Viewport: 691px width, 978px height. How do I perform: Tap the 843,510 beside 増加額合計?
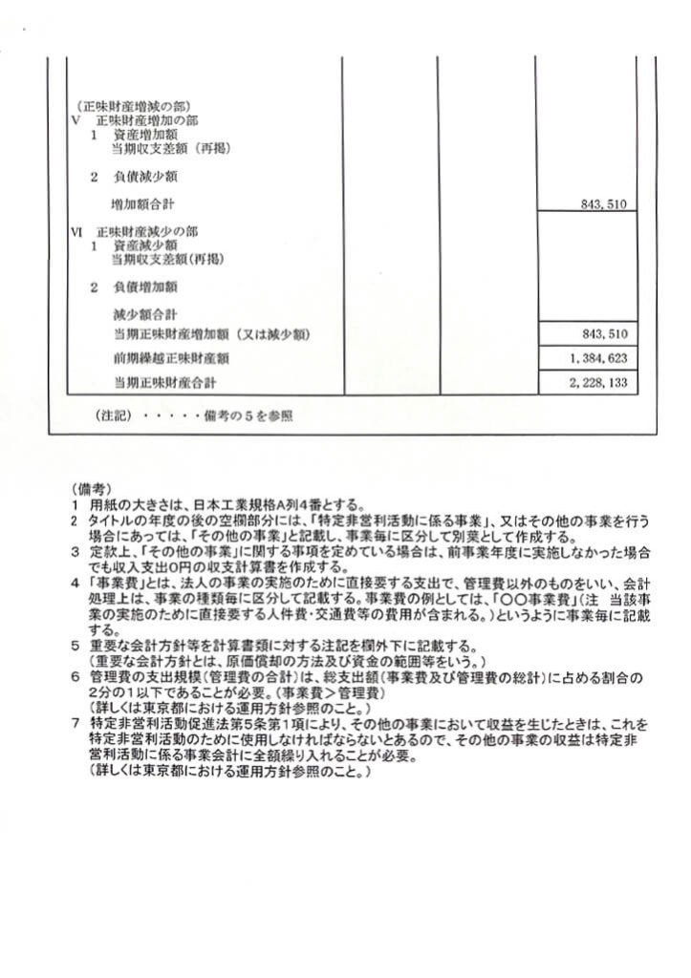click(603, 204)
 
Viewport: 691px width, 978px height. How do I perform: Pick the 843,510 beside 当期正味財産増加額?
click(603, 334)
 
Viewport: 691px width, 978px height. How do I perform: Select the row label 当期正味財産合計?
click(163, 382)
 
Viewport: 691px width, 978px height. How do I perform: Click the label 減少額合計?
click(143, 313)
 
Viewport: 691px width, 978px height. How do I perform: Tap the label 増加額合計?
click(143, 204)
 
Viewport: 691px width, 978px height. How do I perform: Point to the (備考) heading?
click(86, 487)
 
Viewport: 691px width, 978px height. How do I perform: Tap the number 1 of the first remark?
click(75, 504)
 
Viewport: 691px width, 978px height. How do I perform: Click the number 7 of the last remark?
click(75, 723)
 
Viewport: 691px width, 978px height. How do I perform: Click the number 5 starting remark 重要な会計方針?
click(75, 647)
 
